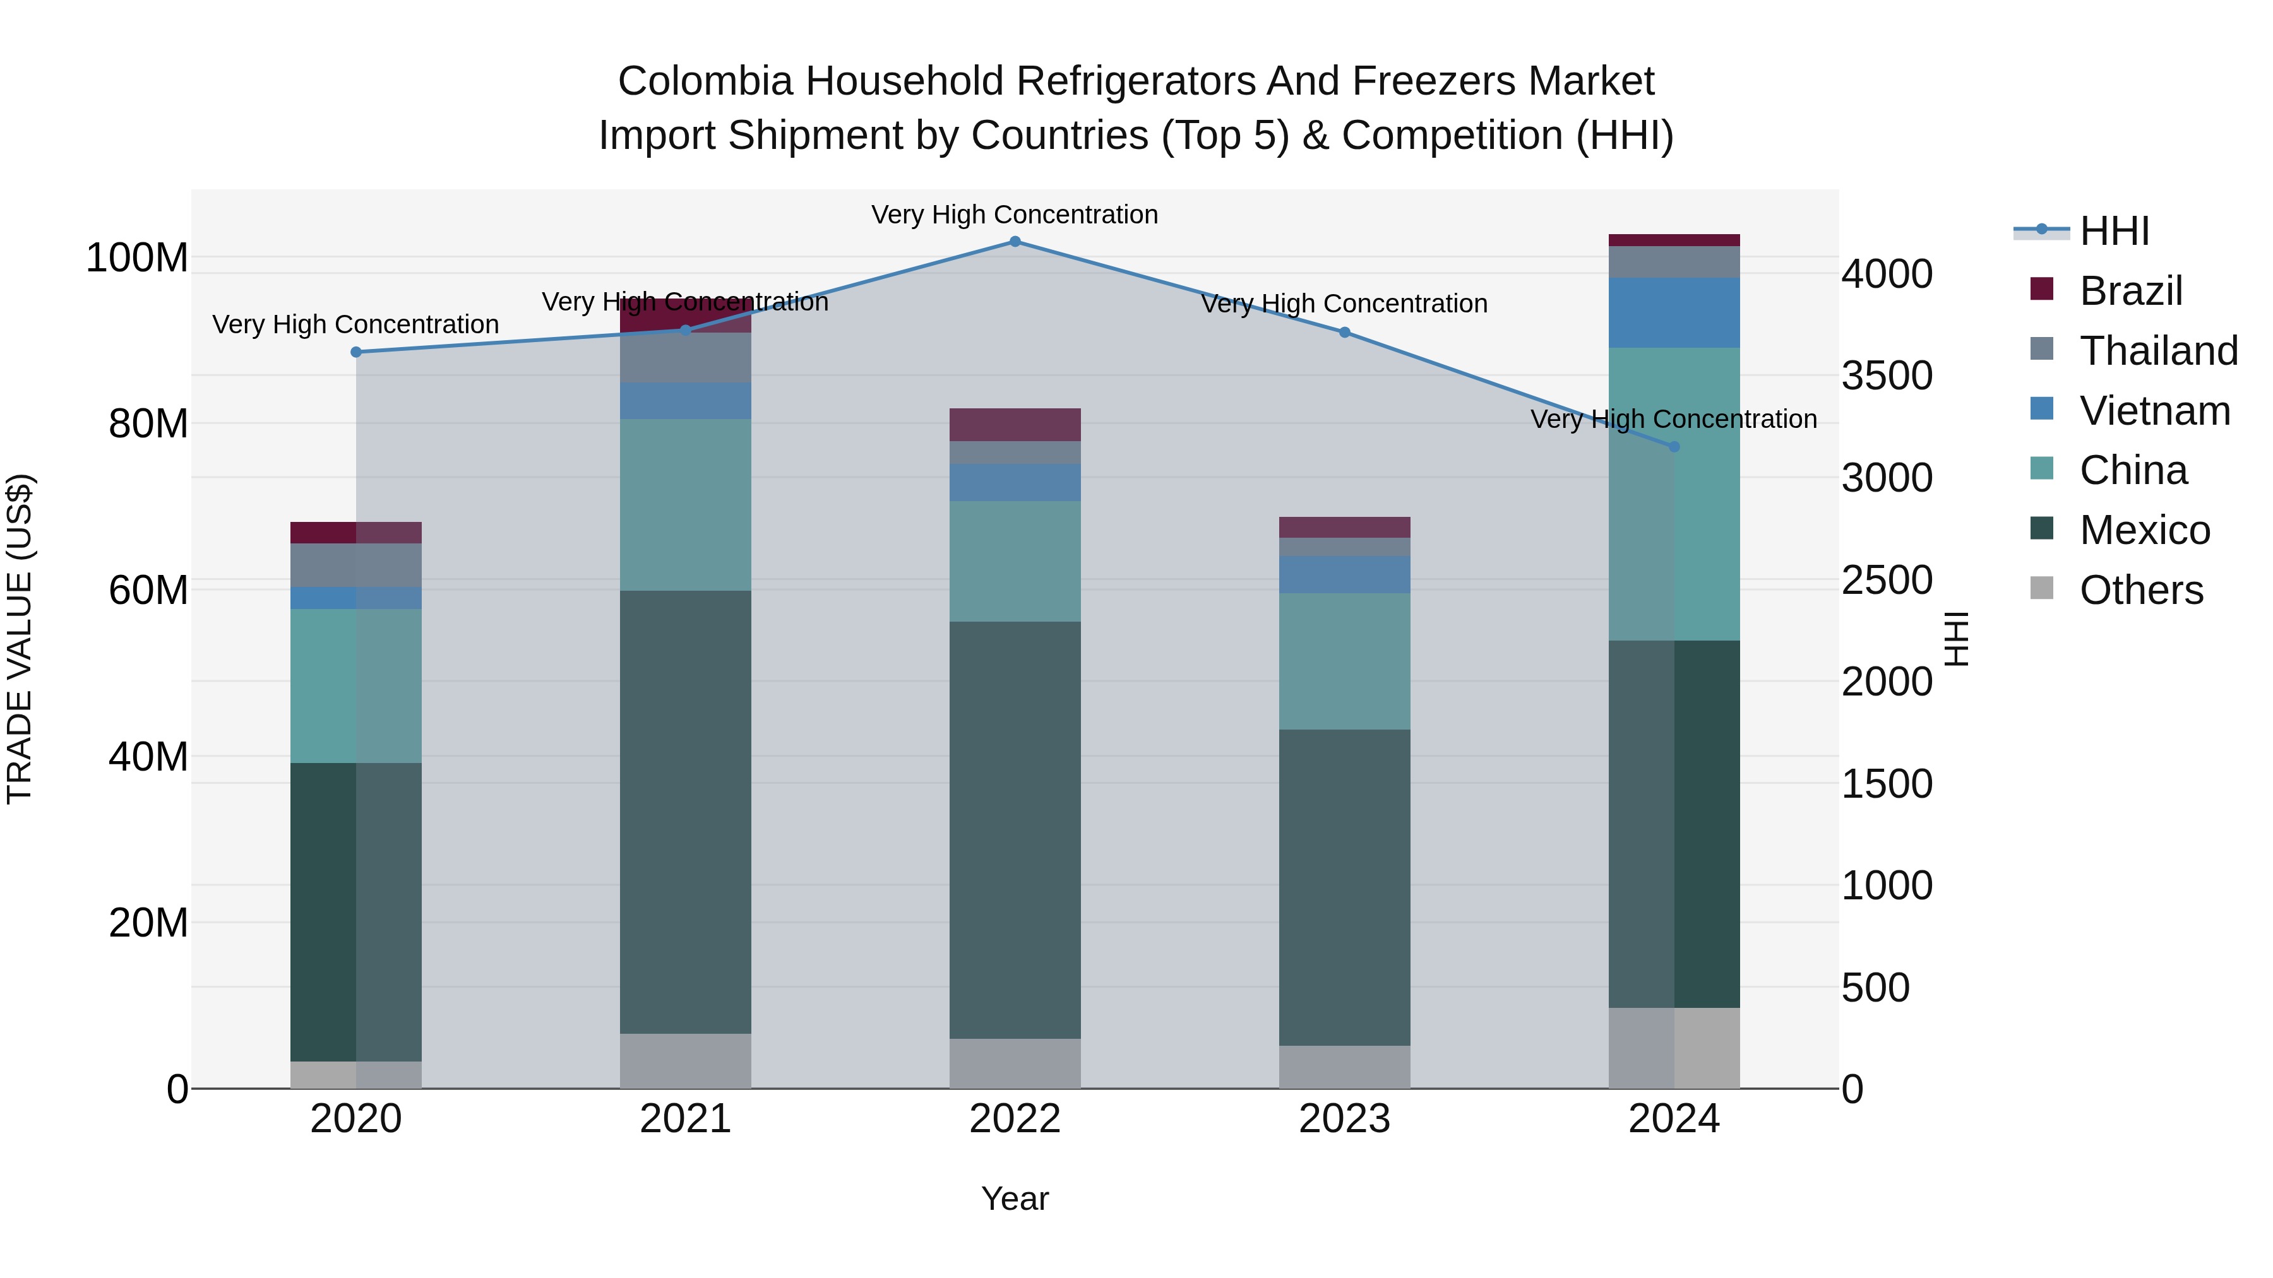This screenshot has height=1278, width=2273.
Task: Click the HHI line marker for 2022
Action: pyautogui.click(x=1015, y=242)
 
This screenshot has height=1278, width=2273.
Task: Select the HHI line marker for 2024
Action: pyautogui.click(x=1674, y=446)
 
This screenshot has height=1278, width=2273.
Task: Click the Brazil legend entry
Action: pyautogui.click(x=2130, y=291)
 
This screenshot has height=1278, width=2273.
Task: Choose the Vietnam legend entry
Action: pyautogui.click(x=2154, y=411)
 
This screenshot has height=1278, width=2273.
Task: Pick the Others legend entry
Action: pyautogui.click(x=2140, y=590)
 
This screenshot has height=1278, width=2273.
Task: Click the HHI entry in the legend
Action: pyautogui.click(x=2113, y=231)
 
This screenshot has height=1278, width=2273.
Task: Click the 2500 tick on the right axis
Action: pyautogui.click(x=1887, y=581)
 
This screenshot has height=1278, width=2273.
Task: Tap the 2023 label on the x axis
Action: pyautogui.click(x=1344, y=1119)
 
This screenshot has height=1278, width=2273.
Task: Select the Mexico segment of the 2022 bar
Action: pyautogui.click(x=1015, y=829)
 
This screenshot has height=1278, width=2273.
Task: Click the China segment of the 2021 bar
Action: pyautogui.click(x=686, y=504)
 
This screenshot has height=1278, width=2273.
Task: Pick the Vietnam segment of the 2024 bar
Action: pyautogui.click(x=1674, y=313)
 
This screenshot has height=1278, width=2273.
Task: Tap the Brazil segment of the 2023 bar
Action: pyautogui.click(x=1344, y=528)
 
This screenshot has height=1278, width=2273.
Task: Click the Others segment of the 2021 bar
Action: pyautogui.click(x=686, y=1060)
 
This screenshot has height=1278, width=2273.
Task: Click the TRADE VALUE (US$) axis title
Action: pyautogui.click(x=20, y=639)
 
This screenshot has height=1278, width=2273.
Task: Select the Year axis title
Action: pyautogui.click(x=1015, y=1198)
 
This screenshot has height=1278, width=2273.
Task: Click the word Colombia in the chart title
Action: pyautogui.click(x=705, y=81)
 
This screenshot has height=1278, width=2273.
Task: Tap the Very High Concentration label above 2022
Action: pyautogui.click(x=1015, y=215)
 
